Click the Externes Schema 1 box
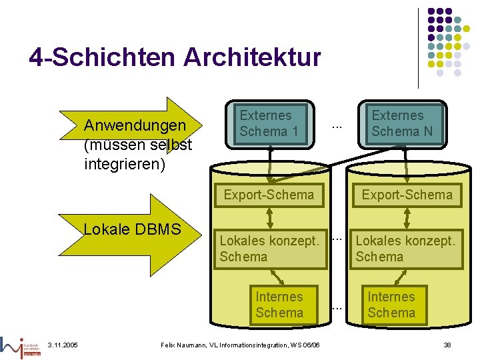coord(269,123)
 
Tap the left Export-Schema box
coord(269,195)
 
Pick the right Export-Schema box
coord(407,195)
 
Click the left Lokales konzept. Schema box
coord(269,249)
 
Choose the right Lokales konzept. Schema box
coord(406,249)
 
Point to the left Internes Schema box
coord(279,305)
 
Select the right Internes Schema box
coord(391,305)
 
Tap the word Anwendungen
coord(135,125)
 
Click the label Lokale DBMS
coord(132,230)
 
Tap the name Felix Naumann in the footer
coord(187,344)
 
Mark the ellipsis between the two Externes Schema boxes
coord(337,125)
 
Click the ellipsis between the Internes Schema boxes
coord(337,307)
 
